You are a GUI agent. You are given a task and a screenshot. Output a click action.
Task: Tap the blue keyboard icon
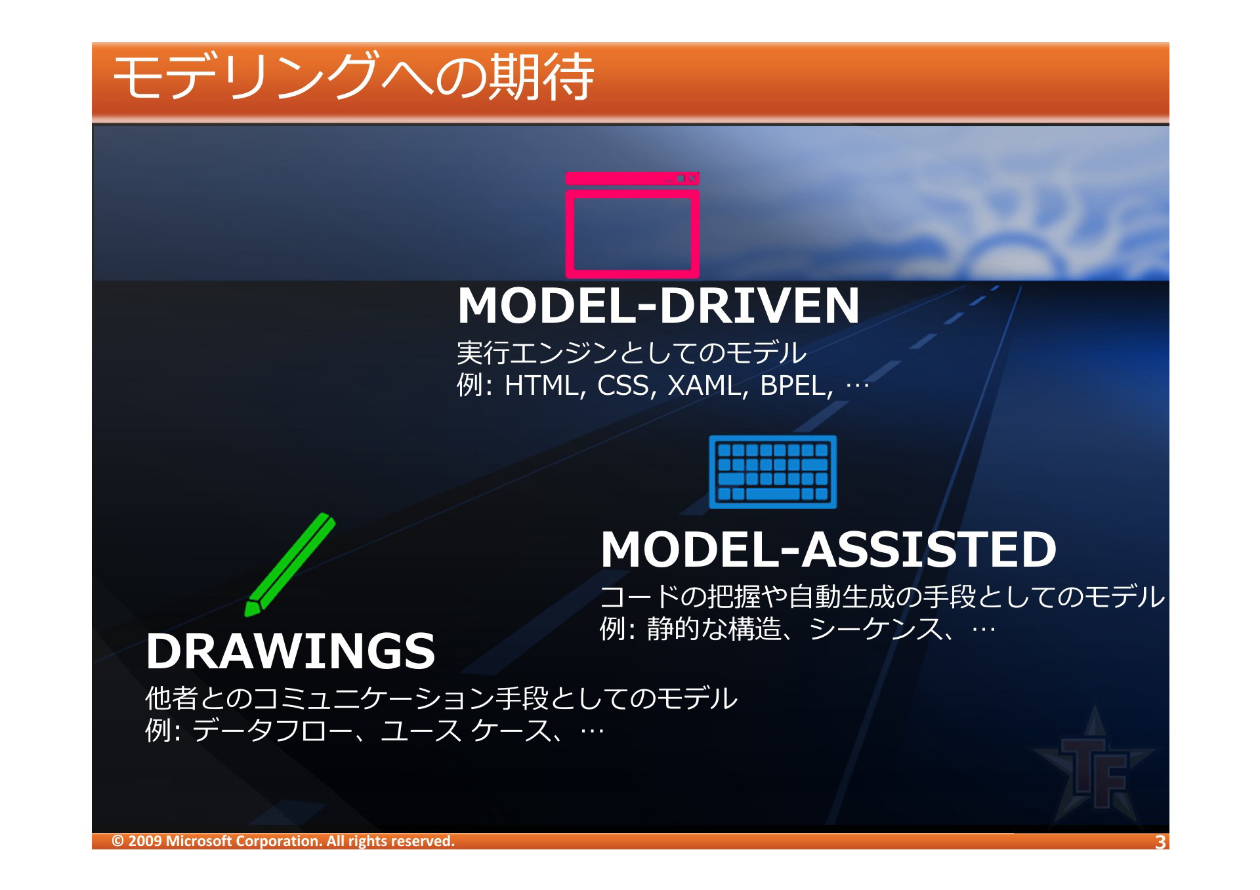pyautogui.click(x=772, y=472)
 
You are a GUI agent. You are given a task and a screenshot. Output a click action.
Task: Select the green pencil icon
pyautogui.click(x=289, y=565)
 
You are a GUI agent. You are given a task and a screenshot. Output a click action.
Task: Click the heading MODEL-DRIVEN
pyautogui.click(x=658, y=306)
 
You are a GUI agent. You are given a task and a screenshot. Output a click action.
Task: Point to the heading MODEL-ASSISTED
pyautogui.click(x=828, y=549)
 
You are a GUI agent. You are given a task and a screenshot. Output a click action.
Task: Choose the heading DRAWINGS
pyautogui.click(x=291, y=651)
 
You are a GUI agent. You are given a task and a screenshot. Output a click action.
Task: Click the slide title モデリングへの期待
pyautogui.click(x=353, y=77)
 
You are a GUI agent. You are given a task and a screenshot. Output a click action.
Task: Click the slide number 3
pyautogui.click(x=1160, y=841)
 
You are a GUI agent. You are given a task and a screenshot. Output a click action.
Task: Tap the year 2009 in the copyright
pyautogui.click(x=145, y=841)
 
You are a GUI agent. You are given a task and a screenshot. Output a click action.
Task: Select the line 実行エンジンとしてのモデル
pyautogui.click(x=631, y=353)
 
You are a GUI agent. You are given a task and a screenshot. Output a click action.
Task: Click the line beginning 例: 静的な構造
pyautogui.click(x=797, y=629)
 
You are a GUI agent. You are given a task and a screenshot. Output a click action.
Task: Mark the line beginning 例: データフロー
pyautogui.click(x=374, y=730)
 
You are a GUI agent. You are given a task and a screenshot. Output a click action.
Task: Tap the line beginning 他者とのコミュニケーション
pyautogui.click(x=441, y=698)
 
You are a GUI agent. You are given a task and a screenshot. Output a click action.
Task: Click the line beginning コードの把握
pyautogui.click(x=882, y=597)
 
